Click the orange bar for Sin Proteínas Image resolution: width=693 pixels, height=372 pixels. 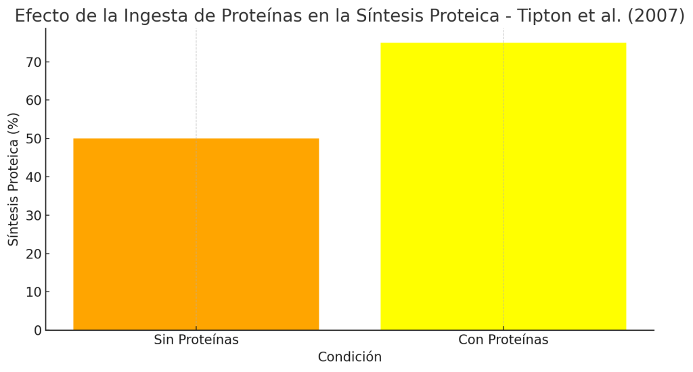(196, 234)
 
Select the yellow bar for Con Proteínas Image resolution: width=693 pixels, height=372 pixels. (503, 186)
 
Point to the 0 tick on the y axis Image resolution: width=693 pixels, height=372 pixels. (37, 331)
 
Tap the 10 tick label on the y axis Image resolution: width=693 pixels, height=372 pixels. (33, 292)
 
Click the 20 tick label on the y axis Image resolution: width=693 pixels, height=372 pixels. (33, 254)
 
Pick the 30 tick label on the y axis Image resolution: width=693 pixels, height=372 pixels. (33, 216)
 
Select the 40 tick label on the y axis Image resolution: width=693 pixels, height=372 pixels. (33, 177)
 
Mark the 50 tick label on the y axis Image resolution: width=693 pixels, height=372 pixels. (33, 139)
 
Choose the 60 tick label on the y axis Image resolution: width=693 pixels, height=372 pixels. (33, 100)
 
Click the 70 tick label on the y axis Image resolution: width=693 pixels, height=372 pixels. (33, 62)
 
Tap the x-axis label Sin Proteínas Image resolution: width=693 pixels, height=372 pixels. (196, 340)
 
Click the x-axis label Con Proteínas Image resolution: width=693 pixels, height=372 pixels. (503, 340)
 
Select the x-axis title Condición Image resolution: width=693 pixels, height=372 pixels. (349, 357)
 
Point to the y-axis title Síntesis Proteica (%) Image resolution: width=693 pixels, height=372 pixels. (14, 179)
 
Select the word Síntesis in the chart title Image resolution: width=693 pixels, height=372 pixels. (388, 16)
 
